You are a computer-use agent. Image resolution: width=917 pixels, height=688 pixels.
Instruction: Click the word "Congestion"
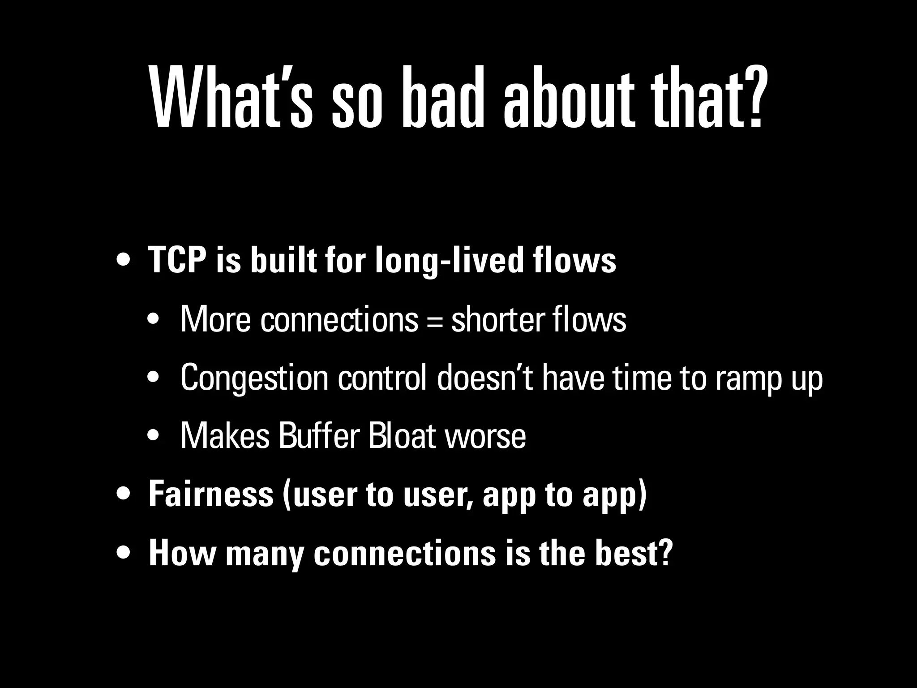(254, 379)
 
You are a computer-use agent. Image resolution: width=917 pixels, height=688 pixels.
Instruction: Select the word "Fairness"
(211, 494)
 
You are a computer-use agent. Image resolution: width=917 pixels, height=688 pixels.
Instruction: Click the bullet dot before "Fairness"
(123, 494)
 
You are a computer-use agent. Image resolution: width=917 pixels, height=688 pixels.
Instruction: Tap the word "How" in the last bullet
(181, 553)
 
